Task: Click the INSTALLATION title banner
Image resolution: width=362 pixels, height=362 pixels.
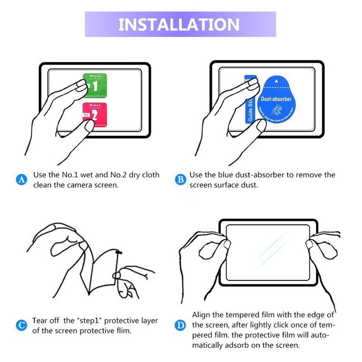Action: pos(180,24)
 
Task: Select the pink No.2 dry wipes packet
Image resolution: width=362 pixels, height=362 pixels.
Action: pos(95,114)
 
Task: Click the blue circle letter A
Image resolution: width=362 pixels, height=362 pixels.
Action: pos(21,180)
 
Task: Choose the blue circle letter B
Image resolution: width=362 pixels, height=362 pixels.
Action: pos(180,180)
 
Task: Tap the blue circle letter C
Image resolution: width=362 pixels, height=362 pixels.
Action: pos(21,325)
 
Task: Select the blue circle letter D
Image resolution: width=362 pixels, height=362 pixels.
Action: pos(180,325)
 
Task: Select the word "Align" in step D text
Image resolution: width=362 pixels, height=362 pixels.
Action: pos(202,315)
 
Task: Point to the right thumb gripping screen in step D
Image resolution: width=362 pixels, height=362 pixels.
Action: pos(314,245)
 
